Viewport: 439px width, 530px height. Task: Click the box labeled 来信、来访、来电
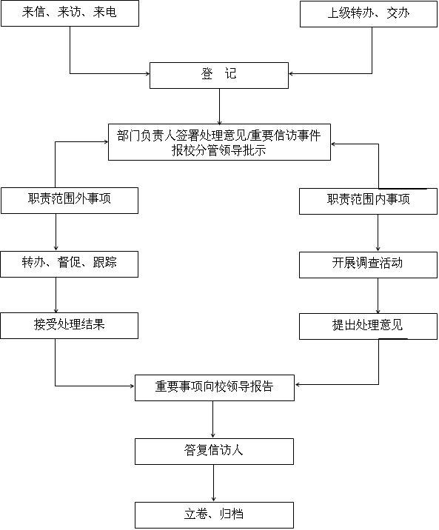(x=70, y=13)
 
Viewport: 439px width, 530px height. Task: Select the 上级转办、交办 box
(x=369, y=14)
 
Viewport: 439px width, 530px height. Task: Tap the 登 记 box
(x=219, y=76)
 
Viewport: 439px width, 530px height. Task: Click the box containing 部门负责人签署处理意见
(x=219, y=142)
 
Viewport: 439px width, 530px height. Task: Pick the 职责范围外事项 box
(x=70, y=201)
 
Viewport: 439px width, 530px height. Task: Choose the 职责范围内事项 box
(x=369, y=201)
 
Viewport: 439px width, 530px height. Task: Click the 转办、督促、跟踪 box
(x=70, y=264)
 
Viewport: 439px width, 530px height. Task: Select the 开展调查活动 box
(x=369, y=265)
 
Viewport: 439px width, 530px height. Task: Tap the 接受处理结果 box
(x=70, y=326)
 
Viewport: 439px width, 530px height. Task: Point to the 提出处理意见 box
(x=369, y=326)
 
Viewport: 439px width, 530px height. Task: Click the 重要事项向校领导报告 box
(x=215, y=388)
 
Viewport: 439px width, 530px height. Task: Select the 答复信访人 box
(x=214, y=452)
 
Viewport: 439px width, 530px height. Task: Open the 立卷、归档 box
(x=214, y=515)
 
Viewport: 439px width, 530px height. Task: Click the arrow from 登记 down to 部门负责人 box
(x=219, y=107)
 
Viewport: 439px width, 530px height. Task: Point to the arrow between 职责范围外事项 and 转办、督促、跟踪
(x=56, y=232)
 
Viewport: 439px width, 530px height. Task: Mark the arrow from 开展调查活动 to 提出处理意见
(x=378, y=296)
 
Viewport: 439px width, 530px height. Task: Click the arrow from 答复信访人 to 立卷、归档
(x=214, y=483)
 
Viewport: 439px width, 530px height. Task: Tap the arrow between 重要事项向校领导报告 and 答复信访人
(x=213, y=420)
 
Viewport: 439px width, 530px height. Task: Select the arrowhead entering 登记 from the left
(x=147, y=73)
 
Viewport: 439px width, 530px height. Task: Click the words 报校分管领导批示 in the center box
(x=219, y=150)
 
